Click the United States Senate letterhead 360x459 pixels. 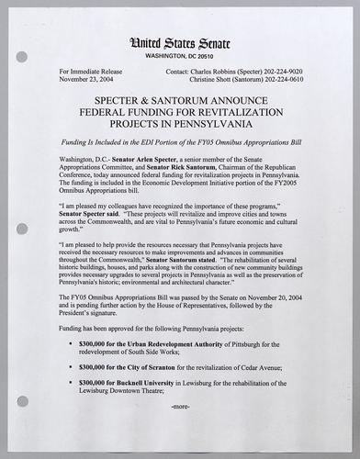coord(179,40)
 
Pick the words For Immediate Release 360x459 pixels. coord(98,70)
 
